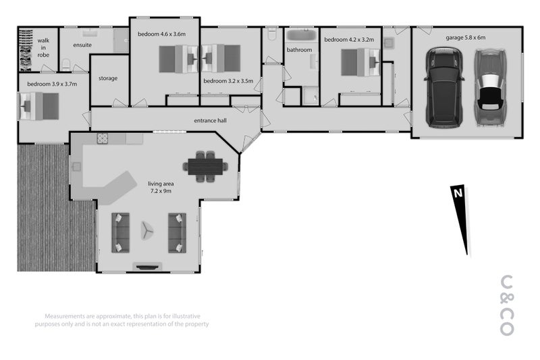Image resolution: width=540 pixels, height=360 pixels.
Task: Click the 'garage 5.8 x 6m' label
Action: pyautogui.click(x=466, y=38)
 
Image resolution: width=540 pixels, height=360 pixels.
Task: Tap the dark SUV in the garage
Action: pyautogui.click(x=444, y=88)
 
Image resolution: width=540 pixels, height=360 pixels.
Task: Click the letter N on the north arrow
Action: pyautogui.click(x=458, y=193)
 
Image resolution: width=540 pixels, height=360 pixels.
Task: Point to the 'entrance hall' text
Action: pyautogui.click(x=210, y=121)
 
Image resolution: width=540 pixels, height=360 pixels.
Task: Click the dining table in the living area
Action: pyautogui.click(x=205, y=167)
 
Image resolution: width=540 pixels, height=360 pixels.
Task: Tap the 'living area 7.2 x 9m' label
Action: pyautogui.click(x=161, y=187)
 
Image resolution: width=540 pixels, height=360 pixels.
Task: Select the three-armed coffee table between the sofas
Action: pyautogui.click(x=147, y=230)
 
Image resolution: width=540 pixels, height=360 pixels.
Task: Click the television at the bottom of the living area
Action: pyautogui.click(x=147, y=267)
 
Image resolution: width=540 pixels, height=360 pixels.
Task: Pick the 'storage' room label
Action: pyautogui.click(x=108, y=78)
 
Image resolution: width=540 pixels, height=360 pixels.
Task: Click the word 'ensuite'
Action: pyautogui.click(x=82, y=45)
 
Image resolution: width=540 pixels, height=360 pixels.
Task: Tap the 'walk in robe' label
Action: pyautogui.click(x=43, y=48)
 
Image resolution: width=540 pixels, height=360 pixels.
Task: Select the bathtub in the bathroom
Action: pyautogui.click(x=302, y=35)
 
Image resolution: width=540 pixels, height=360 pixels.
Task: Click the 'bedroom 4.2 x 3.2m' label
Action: pyautogui.click(x=349, y=40)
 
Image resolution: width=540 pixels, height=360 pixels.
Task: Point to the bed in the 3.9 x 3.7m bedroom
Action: pyautogui.click(x=39, y=107)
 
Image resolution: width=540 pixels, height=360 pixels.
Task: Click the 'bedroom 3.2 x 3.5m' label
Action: pyautogui.click(x=228, y=81)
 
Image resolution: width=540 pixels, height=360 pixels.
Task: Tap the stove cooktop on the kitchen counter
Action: pyautogui.click(x=103, y=138)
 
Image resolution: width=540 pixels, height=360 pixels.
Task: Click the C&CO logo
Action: pyautogui.click(x=507, y=305)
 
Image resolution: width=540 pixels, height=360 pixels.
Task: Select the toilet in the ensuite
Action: pyautogui.click(x=66, y=64)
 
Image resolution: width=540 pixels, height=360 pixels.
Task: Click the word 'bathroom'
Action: pyautogui.click(x=299, y=50)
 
